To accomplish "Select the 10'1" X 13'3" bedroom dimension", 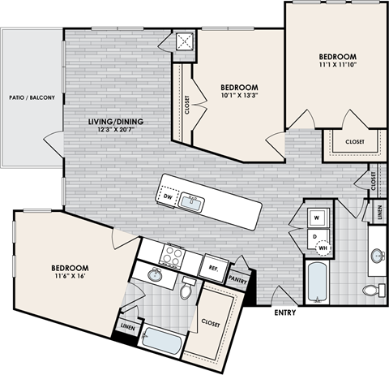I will [239, 97].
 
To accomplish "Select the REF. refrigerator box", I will [214, 265].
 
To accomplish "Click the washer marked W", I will [318, 218].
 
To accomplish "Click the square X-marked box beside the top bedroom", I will [184, 44].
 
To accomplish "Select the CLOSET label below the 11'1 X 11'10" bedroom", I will [354, 142].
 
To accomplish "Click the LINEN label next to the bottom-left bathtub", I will [128, 327].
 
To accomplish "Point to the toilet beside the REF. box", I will [187, 288].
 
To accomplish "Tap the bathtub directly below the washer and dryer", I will [317, 282].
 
